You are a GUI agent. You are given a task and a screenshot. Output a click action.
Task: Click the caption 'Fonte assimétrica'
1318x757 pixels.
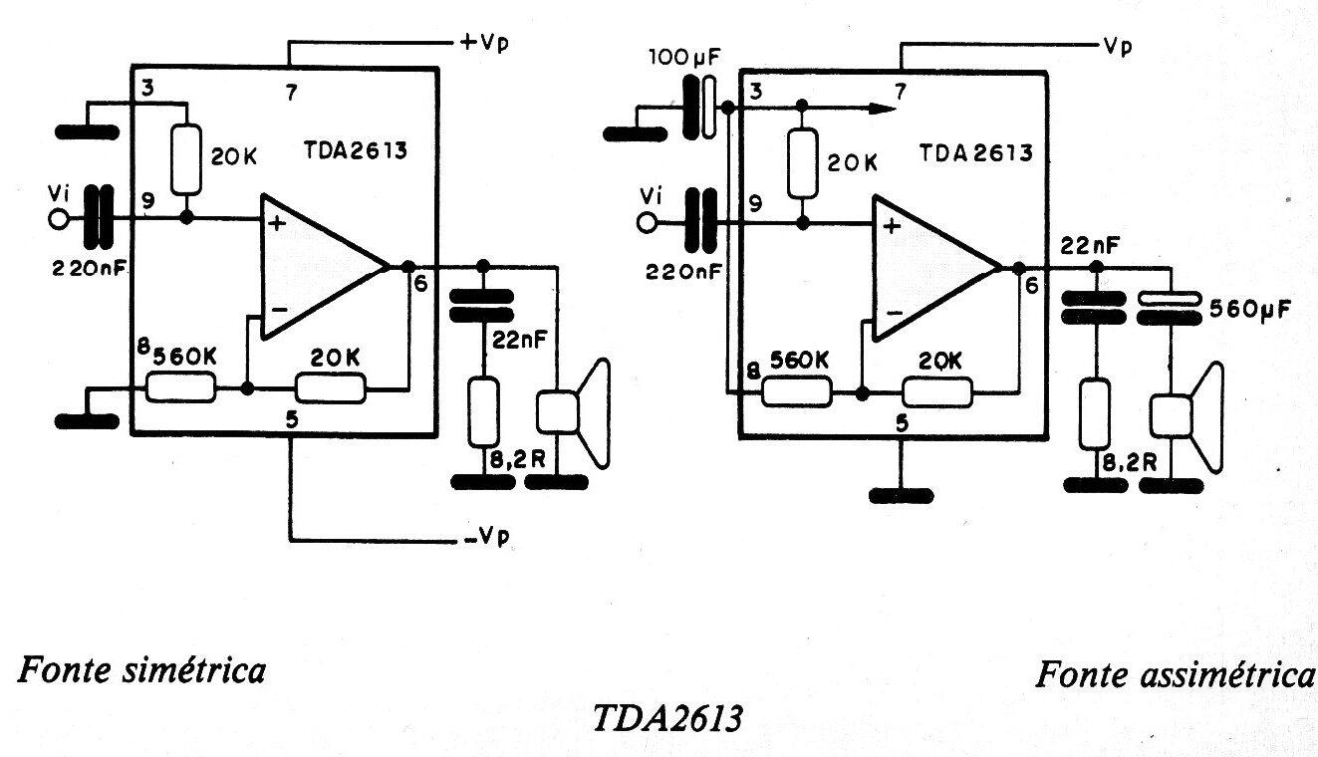pyautogui.click(x=1176, y=674)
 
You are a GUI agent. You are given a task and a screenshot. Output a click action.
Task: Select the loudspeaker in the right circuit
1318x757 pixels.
pyautogui.click(x=1187, y=416)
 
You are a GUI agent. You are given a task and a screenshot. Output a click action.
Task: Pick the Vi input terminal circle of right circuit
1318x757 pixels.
pyautogui.click(x=649, y=223)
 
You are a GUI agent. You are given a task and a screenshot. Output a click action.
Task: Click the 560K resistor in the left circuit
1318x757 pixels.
pyautogui.click(x=180, y=386)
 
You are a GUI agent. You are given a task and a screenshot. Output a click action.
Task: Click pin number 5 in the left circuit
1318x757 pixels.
pyautogui.click(x=292, y=419)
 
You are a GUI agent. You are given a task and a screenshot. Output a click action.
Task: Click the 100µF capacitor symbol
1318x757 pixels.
pyautogui.click(x=700, y=107)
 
